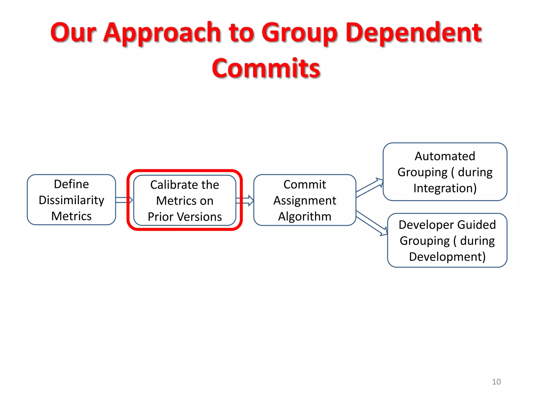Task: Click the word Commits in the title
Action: [x=266, y=68]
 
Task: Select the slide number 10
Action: [x=496, y=382]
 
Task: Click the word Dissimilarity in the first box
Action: [x=71, y=200]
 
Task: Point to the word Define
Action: [x=71, y=184]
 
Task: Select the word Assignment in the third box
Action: [x=304, y=201]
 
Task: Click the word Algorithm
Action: [x=304, y=216]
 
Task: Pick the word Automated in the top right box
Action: [x=445, y=156]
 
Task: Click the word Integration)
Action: [x=445, y=188]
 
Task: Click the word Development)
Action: [x=447, y=257]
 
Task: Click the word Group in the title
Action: [x=300, y=33]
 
